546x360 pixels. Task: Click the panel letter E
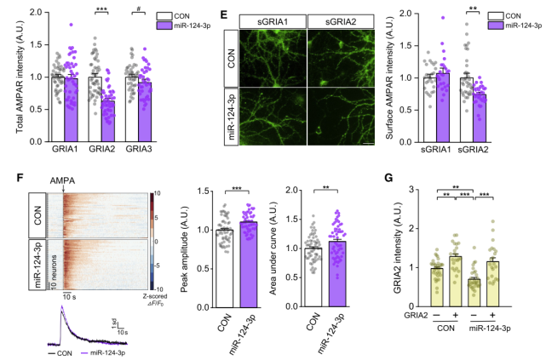coord(224,14)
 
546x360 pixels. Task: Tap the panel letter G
coord(388,178)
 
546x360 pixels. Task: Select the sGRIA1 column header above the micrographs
coord(273,21)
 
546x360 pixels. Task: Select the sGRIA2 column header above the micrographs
coord(341,21)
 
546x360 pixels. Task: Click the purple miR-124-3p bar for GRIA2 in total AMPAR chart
coord(108,121)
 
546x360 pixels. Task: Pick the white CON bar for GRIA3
coord(132,109)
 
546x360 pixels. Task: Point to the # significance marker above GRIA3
coord(139,9)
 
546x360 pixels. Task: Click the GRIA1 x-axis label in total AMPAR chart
coord(65,149)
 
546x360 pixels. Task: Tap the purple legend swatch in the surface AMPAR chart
coord(495,25)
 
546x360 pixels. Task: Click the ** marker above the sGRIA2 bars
coord(473,8)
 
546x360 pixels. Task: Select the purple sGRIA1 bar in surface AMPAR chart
coord(443,107)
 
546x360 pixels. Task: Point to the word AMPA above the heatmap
coord(62,180)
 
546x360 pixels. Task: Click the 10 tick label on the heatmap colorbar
coord(157,194)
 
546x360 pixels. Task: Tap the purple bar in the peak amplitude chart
coord(248,265)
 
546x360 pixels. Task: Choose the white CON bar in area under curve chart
coord(313,277)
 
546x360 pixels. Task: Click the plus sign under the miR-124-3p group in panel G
coord(492,315)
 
